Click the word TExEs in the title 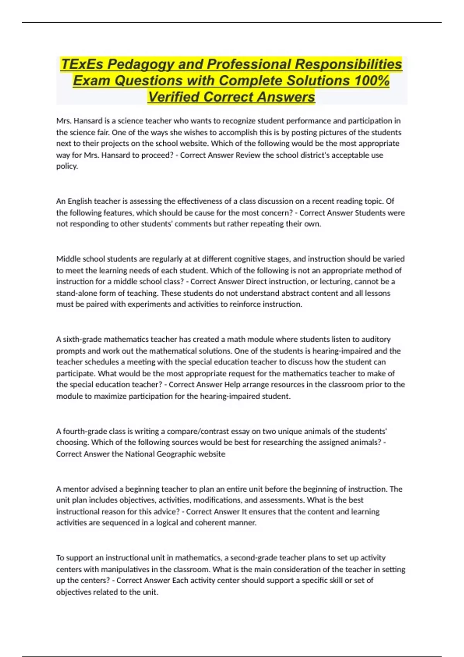coord(82,64)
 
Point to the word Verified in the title coord(174,97)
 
